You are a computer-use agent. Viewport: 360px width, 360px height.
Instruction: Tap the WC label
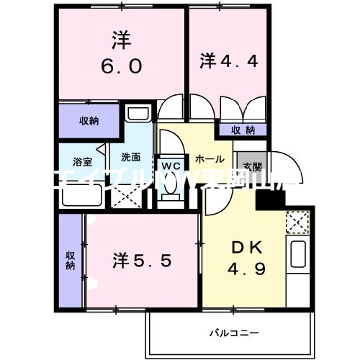[x=170, y=163]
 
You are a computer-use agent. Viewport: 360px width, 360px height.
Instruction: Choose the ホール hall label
[x=209, y=158]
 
